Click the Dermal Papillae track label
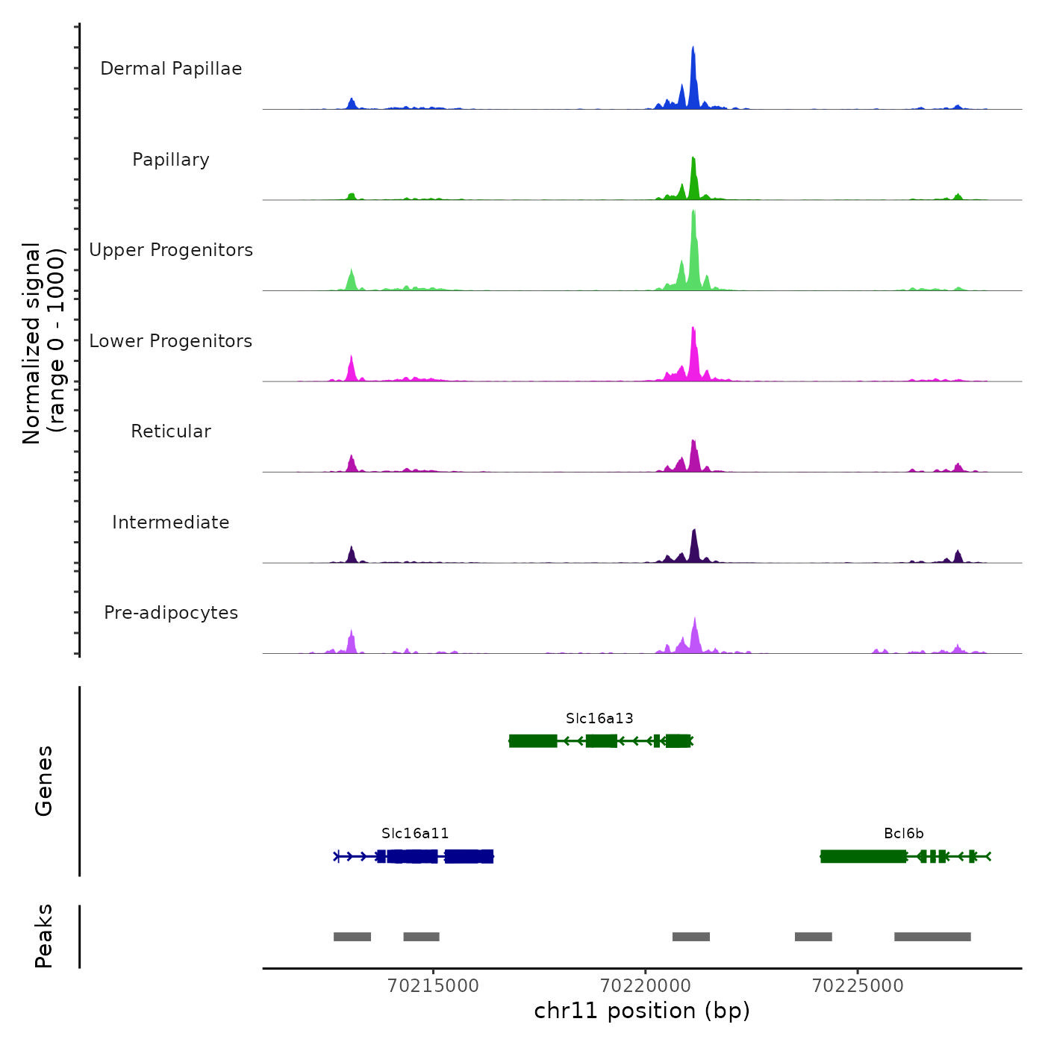[x=171, y=69]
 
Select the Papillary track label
[x=171, y=160]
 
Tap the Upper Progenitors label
[x=171, y=250]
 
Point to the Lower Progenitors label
[x=171, y=341]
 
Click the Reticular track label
[x=171, y=431]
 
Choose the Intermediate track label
[x=171, y=522]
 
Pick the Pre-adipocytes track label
[x=171, y=613]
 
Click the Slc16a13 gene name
[x=599, y=719]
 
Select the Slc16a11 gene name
[x=415, y=834]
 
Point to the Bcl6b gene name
[x=904, y=834]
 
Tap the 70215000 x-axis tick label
[x=434, y=986]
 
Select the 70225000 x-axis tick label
[x=858, y=986]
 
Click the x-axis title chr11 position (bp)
[x=642, y=1011]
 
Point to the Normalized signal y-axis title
[x=43, y=343]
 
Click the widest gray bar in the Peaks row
[x=932, y=937]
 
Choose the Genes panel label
[x=44, y=781]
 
